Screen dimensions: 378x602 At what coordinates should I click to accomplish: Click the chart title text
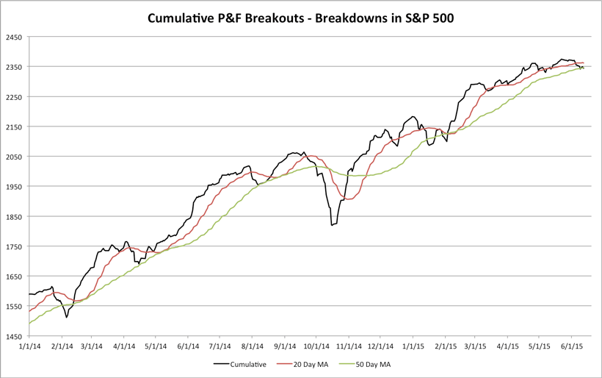click(x=301, y=16)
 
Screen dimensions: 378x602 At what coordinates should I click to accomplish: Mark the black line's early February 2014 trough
click(x=66, y=316)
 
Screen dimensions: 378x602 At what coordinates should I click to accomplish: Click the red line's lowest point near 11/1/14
click(x=347, y=199)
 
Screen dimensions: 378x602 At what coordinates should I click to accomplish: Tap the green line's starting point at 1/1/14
click(x=29, y=323)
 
